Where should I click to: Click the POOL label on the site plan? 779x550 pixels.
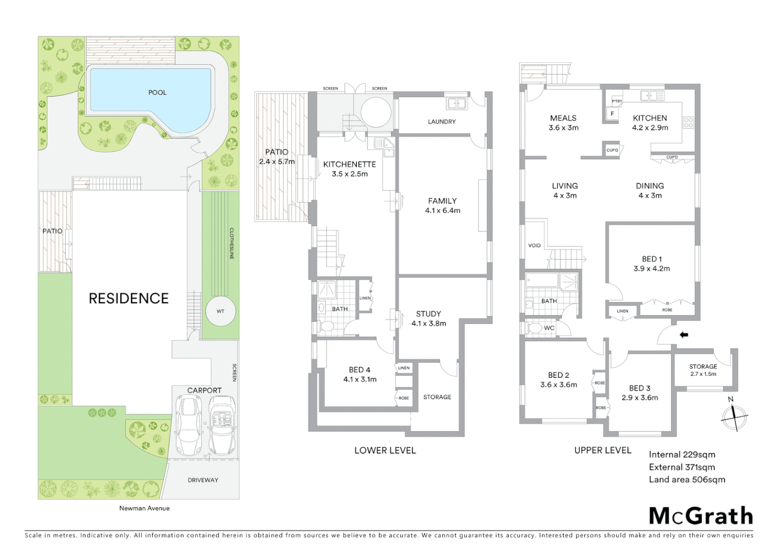point(157,93)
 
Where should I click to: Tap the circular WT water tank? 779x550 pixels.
point(220,311)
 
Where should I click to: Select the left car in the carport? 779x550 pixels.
point(188,426)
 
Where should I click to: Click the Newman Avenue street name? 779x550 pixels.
point(144,508)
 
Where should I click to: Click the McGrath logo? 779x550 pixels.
point(700,516)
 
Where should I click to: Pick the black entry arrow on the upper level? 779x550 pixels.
point(684,335)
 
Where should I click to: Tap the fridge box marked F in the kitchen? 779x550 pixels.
point(612,114)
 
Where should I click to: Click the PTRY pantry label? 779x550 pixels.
point(617,101)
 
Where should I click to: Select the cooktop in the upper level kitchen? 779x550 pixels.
point(688,122)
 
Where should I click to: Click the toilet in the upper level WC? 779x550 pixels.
point(534,328)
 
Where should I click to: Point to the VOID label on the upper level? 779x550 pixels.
point(534,245)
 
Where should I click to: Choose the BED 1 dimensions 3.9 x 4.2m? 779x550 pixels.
point(652,269)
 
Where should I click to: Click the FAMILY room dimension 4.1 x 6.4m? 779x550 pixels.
point(443,210)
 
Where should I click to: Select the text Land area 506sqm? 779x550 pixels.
point(687,480)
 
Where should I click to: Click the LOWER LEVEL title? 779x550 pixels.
point(385,451)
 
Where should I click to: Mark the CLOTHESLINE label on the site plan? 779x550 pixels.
point(231,243)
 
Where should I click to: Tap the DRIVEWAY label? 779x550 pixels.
point(202,480)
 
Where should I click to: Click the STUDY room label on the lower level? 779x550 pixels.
point(428,314)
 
